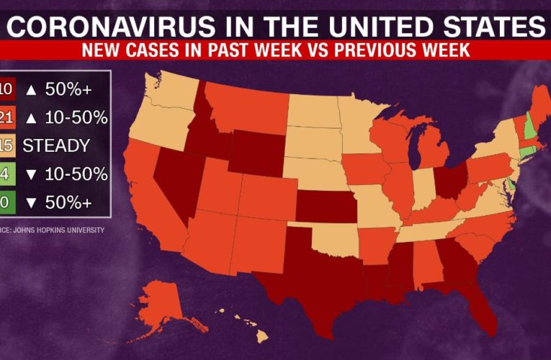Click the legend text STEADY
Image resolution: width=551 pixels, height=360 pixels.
pos(56,145)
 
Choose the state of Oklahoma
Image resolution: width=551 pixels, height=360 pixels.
pos(331,241)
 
